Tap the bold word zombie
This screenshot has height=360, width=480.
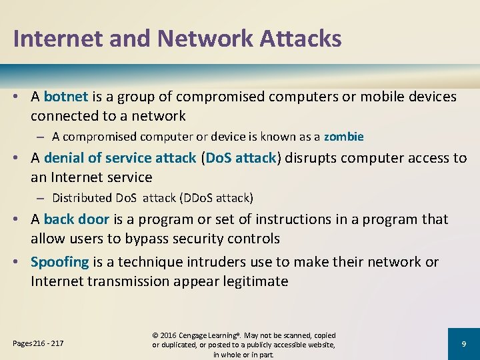click(344, 137)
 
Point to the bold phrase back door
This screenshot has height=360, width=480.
click(76, 219)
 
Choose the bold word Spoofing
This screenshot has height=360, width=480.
click(60, 262)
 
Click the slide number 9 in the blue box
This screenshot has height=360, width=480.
click(463, 343)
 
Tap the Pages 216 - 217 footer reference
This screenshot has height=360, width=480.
click(39, 343)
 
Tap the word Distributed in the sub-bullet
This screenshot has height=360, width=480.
click(82, 198)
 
